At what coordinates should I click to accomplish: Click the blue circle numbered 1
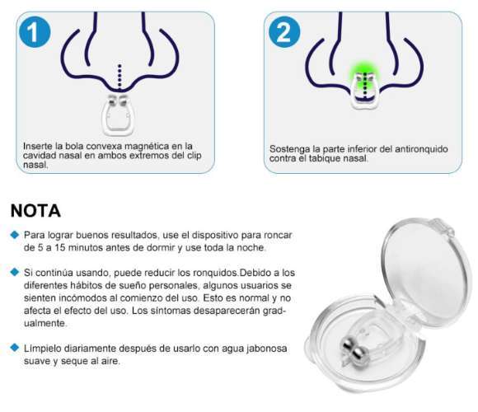[35, 32]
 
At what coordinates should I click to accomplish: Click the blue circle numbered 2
[284, 32]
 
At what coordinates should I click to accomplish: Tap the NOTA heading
[35, 211]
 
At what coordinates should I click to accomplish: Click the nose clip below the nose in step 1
[119, 115]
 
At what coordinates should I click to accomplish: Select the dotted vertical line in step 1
[119, 77]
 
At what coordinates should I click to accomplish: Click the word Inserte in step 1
[38, 146]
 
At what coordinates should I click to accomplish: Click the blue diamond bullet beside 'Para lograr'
[14, 235]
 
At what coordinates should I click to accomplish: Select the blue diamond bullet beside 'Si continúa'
[14, 272]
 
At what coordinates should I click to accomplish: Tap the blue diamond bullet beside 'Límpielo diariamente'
[14, 348]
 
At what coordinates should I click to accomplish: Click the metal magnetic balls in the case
[354, 350]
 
